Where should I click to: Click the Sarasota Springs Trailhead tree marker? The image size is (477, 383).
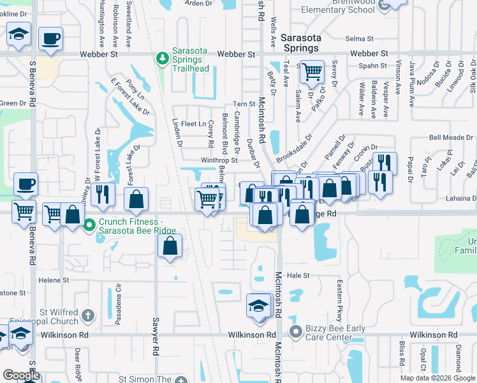point(163,59)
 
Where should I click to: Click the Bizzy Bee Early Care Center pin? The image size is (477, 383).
point(295,331)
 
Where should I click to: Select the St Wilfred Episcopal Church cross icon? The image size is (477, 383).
point(88,315)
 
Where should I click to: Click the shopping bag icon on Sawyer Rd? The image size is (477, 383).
point(170,246)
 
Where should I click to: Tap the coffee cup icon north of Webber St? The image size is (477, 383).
point(50,38)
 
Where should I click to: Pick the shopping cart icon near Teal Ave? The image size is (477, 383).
point(312,71)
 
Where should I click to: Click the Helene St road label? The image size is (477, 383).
point(54,280)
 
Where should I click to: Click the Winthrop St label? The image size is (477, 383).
point(219,160)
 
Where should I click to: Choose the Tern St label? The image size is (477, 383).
point(244,104)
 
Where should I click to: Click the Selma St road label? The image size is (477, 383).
point(358,39)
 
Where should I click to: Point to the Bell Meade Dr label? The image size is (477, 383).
point(450,137)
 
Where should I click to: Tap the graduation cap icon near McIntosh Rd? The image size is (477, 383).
point(258,305)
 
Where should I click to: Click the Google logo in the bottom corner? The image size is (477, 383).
point(21,375)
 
